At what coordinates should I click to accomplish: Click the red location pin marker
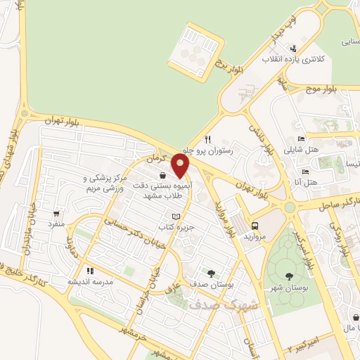click(181, 166)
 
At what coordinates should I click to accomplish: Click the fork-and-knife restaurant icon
click(207, 139)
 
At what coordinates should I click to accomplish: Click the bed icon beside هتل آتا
click(305, 172)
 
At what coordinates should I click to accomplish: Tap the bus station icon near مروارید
click(255, 226)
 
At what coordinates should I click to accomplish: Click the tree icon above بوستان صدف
click(210, 273)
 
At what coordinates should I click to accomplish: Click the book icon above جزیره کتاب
click(176, 217)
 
